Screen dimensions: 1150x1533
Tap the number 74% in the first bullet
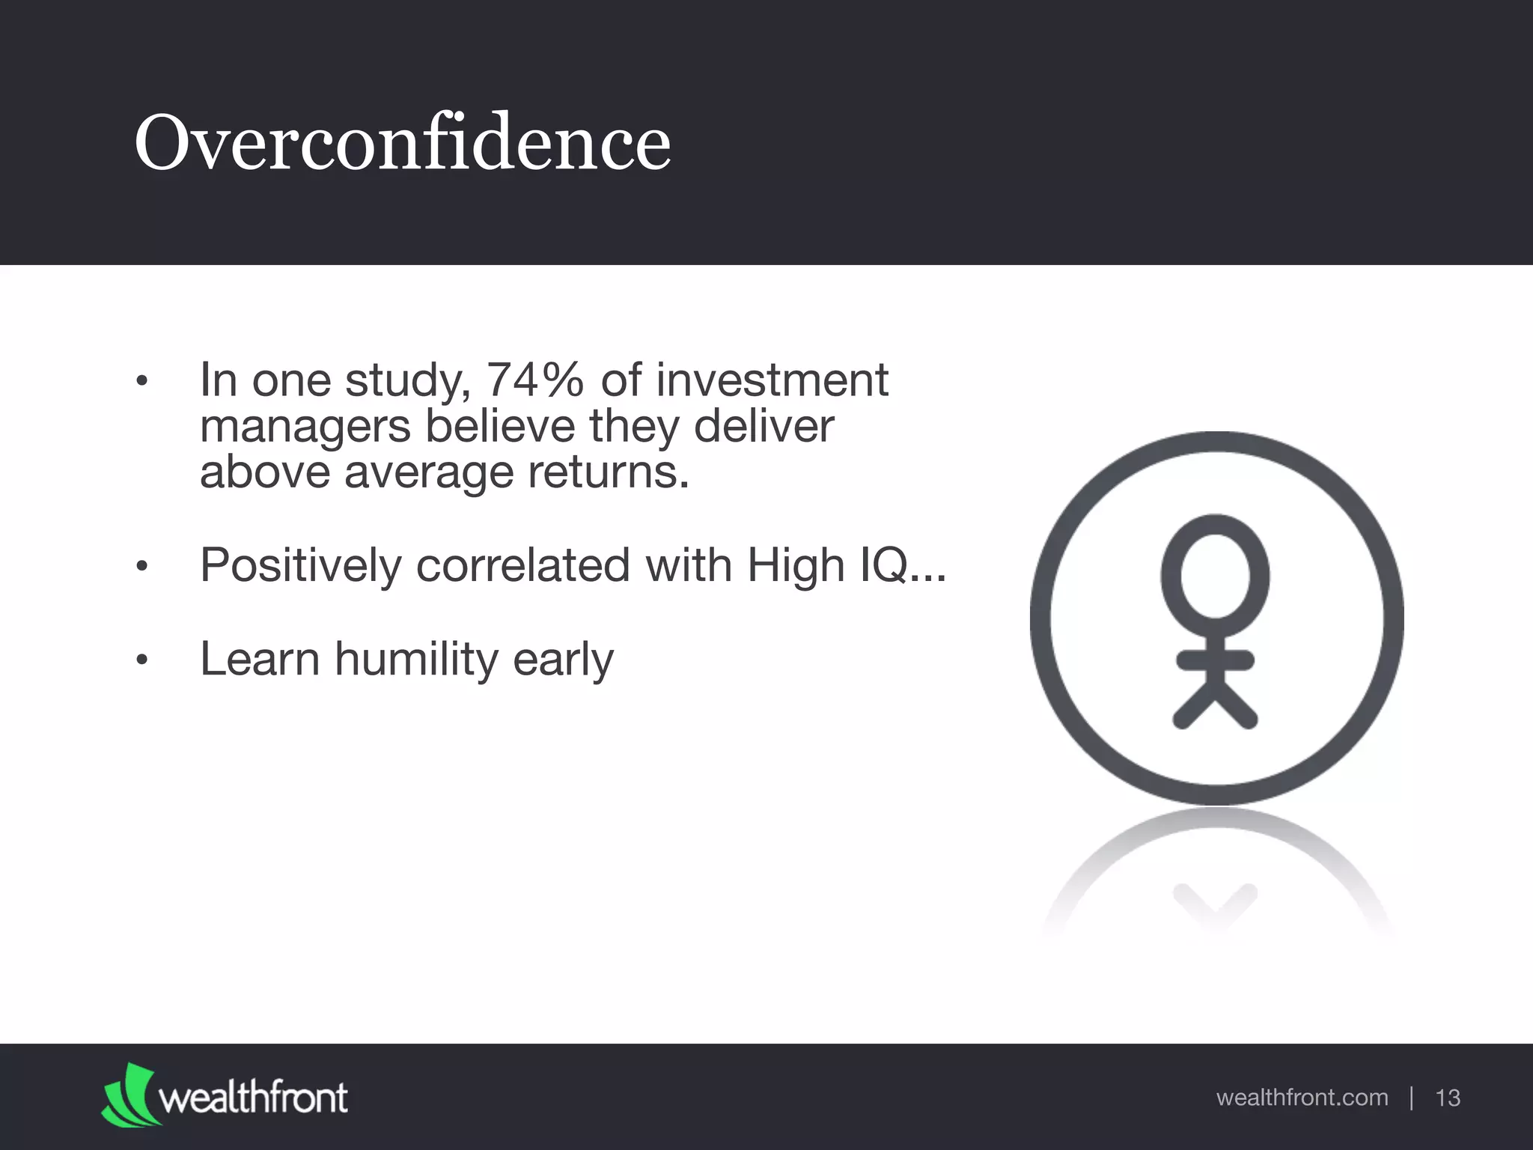[534, 380]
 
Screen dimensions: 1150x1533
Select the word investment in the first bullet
[772, 380]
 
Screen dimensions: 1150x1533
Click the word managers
[305, 428]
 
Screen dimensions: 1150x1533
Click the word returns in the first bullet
[607, 473]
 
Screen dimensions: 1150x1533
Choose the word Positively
[300, 565]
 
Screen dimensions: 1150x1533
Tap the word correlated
[522, 565]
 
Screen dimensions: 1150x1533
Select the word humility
[415, 659]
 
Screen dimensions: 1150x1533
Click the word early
[563, 660]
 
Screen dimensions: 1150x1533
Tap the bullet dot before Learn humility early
[143, 660]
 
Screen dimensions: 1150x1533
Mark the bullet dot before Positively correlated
[143, 567]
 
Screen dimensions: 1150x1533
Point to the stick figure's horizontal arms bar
[1216, 660]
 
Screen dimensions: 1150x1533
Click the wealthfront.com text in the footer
[1302, 1098]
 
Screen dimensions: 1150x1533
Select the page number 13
[1448, 1098]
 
